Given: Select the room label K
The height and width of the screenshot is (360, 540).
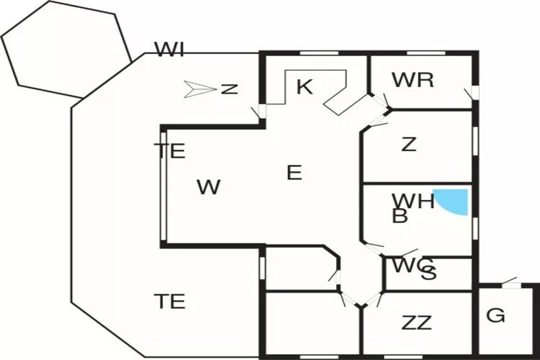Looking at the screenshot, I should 305,88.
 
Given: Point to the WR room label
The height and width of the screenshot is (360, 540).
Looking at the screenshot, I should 413,80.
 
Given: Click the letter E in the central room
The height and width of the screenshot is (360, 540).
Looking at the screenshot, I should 294,173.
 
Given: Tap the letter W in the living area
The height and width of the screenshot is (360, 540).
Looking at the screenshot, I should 208,188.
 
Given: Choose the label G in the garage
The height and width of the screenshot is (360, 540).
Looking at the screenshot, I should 495,315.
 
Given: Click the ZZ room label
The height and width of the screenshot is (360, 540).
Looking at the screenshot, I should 416,323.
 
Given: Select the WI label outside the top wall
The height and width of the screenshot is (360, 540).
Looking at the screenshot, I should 170,50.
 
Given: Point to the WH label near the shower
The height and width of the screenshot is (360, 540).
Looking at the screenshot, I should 412,201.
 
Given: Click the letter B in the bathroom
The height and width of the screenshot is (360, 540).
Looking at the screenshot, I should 400,216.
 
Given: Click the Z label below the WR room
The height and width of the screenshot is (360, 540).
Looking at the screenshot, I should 408,145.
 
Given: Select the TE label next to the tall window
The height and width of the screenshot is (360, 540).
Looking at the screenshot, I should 170,151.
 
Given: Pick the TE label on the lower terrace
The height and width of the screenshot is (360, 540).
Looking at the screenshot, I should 170,301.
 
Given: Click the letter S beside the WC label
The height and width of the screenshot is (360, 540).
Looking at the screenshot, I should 428,273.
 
